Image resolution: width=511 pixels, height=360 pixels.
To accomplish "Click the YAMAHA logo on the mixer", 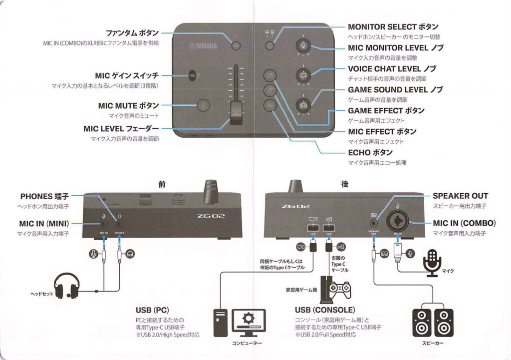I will point(203,46).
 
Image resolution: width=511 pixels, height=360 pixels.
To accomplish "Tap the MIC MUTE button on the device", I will point(203,105).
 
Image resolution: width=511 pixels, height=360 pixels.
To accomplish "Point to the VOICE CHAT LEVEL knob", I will point(303,75).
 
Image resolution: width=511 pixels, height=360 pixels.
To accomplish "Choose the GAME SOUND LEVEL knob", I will point(303,105).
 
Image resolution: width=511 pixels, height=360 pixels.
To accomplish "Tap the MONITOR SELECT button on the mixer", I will point(269,45).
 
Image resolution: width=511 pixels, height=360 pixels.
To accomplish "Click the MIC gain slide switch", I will point(192,76).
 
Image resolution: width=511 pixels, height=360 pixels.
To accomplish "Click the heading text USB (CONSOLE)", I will point(325,310).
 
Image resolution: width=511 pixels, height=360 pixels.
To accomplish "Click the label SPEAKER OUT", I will point(460,196).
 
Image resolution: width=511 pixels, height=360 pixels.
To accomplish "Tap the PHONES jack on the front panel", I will point(119,225).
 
